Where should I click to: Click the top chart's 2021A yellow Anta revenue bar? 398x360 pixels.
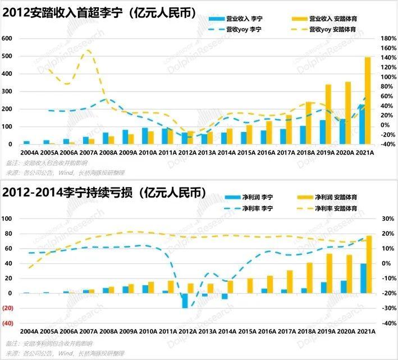tap(368, 101)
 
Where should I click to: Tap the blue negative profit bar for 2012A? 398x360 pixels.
tap(185, 300)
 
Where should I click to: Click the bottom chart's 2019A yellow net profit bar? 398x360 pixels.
tap(330, 274)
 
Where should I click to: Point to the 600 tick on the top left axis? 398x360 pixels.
tap(7, 38)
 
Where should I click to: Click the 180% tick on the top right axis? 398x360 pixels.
tap(388, 38)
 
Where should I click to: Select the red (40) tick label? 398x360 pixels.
tap(7, 323)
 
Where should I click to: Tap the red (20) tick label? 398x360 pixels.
tap(7, 308)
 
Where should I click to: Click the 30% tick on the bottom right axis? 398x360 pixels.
tap(387, 218)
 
